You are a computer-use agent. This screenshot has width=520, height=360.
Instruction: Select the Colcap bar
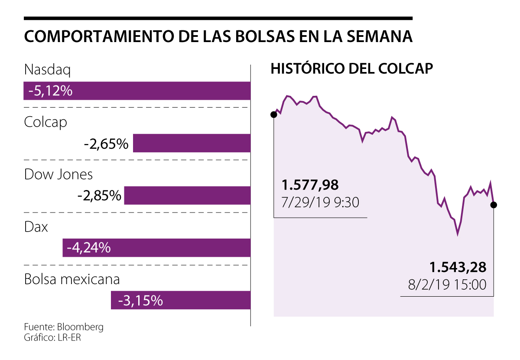192,143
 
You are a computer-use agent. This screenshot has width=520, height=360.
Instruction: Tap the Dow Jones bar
187,196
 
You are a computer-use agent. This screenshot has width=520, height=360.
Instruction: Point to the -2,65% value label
106,144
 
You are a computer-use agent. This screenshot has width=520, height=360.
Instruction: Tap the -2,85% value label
99,196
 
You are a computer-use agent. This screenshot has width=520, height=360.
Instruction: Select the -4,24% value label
89,248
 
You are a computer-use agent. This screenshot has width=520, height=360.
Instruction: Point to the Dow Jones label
58,174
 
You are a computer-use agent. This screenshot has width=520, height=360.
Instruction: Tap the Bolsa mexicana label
72,279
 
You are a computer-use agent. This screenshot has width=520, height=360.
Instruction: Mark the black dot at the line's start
273,115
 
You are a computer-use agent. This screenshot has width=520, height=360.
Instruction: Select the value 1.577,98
310,185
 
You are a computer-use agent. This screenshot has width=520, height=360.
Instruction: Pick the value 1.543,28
458,267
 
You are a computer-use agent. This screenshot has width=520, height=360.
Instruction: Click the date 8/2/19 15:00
447,285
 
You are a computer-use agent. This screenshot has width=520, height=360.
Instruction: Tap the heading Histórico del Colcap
352,69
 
